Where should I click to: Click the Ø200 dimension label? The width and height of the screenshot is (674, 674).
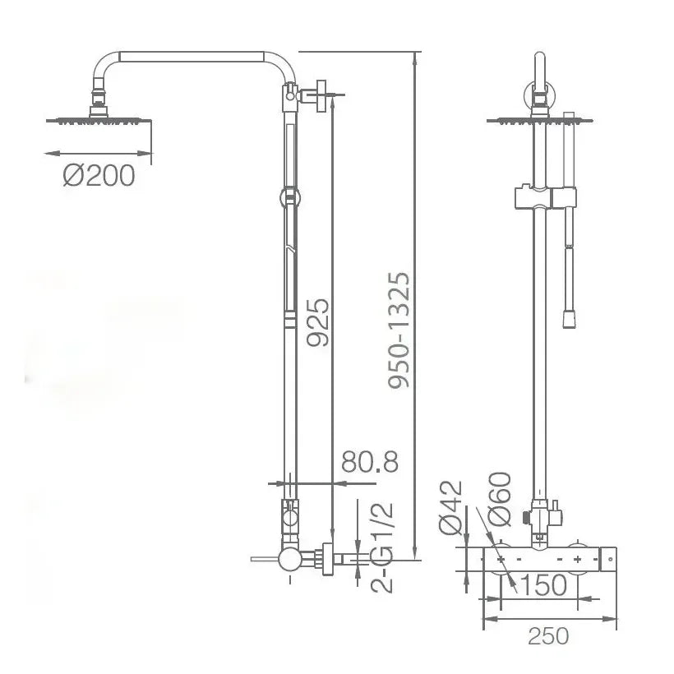(x=99, y=176)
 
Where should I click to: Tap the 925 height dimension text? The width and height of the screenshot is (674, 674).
(x=318, y=322)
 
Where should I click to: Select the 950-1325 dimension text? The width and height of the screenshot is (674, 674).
(x=399, y=330)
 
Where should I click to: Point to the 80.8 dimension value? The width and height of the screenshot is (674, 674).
(x=370, y=462)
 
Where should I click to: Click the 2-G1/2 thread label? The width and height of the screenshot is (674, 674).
(x=381, y=547)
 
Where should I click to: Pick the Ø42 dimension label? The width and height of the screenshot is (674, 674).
(x=450, y=507)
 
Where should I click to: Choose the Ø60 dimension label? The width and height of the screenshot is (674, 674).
(x=500, y=499)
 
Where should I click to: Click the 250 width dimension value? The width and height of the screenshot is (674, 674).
(x=548, y=637)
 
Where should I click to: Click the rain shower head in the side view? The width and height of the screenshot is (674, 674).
(x=99, y=120)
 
